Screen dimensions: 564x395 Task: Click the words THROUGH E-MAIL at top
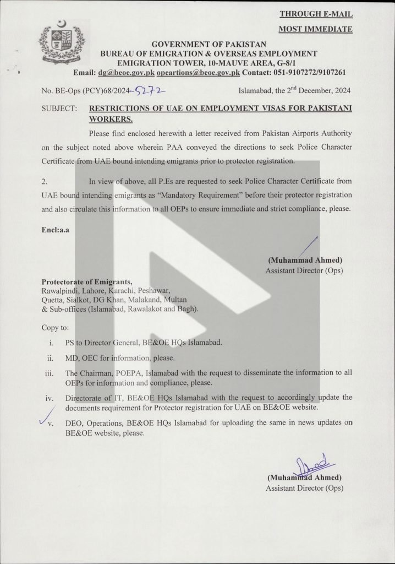(316, 14)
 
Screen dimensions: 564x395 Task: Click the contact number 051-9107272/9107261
(302, 72)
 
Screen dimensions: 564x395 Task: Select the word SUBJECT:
(59, 109)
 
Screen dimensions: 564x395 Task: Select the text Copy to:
(55, 327)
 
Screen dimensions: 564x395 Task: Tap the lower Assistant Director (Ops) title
(304, 488)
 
